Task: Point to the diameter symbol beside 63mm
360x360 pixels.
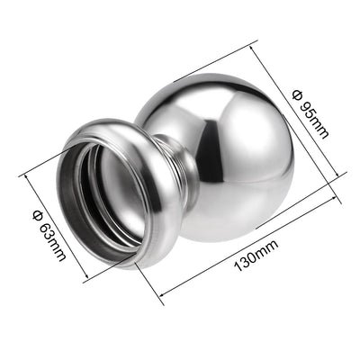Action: tap(38, 216)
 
